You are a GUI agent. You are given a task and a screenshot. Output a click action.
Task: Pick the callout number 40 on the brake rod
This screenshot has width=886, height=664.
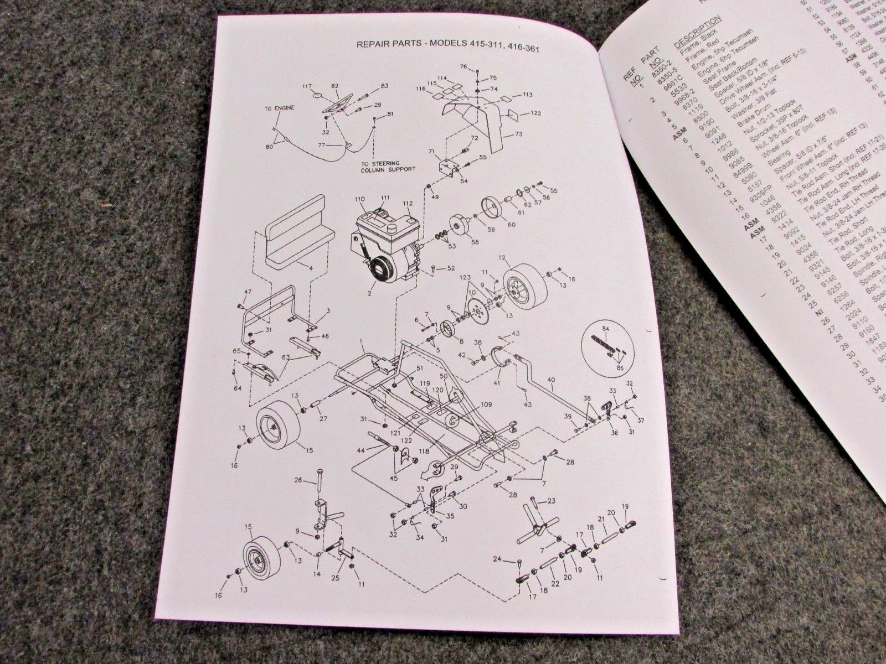550,380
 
